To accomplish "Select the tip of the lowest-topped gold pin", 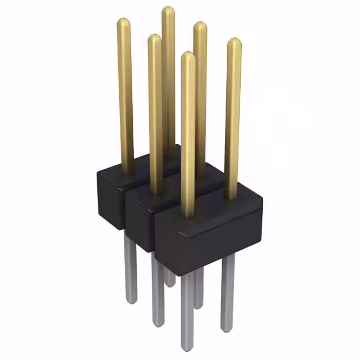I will coord(188,56).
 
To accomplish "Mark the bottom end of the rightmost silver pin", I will coord(227,327).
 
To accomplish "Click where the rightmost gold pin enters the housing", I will coord(231,197).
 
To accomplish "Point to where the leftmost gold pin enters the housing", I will coord(128,169).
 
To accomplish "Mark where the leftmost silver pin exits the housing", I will coord(130,234).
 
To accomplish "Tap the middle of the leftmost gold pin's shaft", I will coord(125,96).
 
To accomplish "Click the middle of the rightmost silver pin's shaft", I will coord(227,292).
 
